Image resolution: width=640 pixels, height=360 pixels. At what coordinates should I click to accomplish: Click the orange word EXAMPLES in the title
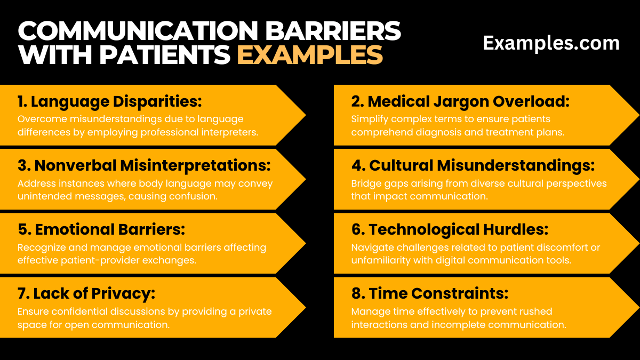pos(310,54)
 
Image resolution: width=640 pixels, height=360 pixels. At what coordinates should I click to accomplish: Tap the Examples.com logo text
pos(551,43)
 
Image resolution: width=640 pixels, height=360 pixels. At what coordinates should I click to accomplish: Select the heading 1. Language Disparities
pos(110,101)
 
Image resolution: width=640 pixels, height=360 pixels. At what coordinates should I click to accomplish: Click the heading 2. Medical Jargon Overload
pos(460,101)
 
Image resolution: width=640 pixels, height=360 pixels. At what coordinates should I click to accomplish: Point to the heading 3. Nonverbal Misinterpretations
pos(144,165)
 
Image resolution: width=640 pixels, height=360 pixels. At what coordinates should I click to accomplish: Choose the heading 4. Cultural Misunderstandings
pos(473,165)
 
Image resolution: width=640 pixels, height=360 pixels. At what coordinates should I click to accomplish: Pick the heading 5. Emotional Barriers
pos(101,229)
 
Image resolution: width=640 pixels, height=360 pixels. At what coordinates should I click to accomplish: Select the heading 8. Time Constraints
pos(430,293)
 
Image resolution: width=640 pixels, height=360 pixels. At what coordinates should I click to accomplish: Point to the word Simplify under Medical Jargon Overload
pos(368,119)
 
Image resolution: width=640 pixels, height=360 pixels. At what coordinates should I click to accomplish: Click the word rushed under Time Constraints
pos(533,311)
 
